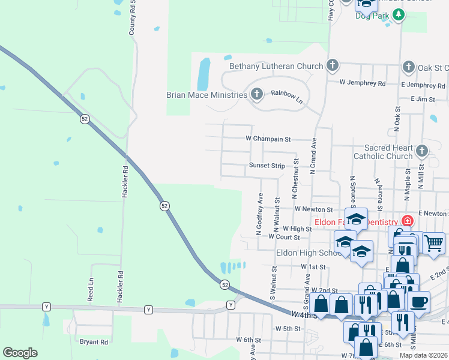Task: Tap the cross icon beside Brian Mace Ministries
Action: [x=257, y=94]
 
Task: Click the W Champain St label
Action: [x=268, y=139]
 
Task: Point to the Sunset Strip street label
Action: [x=267, y=166]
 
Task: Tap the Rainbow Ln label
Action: [x=286, y=96]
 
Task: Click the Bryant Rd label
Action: [x=94, y=342]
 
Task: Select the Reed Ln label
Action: [x=91, y=289]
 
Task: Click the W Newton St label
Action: [x=313, y=209]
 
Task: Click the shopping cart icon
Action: [x=433, y=243]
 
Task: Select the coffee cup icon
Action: [x=418, y=301]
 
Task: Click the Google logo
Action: [x=20, y=353]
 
